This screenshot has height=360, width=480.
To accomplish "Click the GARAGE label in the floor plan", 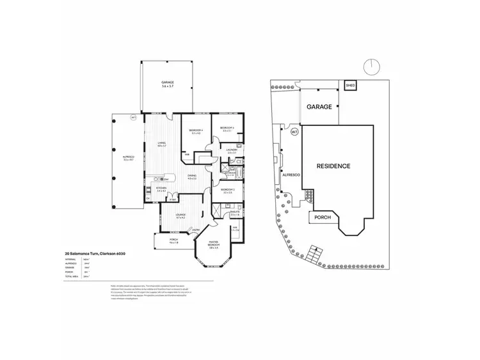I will click(168, 83).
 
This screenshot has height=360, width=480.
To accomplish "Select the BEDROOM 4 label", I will click(195, 131).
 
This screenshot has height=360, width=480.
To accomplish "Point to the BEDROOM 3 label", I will click(227, 129).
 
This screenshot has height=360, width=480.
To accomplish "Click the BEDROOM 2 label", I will click(228, 191).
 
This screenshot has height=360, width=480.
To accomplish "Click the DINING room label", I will click(191, 176).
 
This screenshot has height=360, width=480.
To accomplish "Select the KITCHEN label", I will click(161, 189).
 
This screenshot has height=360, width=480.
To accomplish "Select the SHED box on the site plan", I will click(350, 85).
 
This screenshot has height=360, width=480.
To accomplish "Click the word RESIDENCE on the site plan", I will click(334, 166).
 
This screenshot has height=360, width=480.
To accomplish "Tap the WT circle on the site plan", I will click(294, 132).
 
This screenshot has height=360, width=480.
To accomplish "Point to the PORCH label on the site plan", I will click(323, 217).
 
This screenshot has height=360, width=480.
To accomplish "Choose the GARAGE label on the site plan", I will click(319, 107).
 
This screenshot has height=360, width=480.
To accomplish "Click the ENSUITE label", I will click(235, 212).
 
